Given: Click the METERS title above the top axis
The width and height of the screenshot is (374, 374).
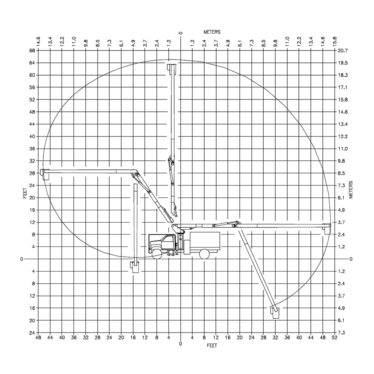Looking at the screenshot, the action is pyautogui.click(x=212, y=32).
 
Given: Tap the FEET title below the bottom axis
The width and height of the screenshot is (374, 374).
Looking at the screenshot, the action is pyautogui.click(x=212, y=346).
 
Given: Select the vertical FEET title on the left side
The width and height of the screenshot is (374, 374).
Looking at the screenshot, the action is pyautogui.click(x=25, y=193).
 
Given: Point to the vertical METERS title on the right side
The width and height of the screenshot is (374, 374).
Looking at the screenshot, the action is pyautogui.click(x=351, y=190).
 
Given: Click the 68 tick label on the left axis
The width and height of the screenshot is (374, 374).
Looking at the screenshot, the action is pyautogui.click(x=32, y=50).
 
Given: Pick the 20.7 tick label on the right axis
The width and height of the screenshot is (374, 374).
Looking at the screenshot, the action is pyautogui.click(x=343, y=50).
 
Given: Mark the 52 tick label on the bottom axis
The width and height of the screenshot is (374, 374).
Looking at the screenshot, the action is pyautogui.click(x=335, y=338).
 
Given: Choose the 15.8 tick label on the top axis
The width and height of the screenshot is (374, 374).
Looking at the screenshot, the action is pyautogui.click(x=335, y=42).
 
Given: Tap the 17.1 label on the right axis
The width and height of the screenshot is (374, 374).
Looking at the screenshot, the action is pyautogui.click(x=343, y=87).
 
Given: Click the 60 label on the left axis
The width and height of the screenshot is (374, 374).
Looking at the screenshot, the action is pyautogui.click(x=32, y=75).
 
